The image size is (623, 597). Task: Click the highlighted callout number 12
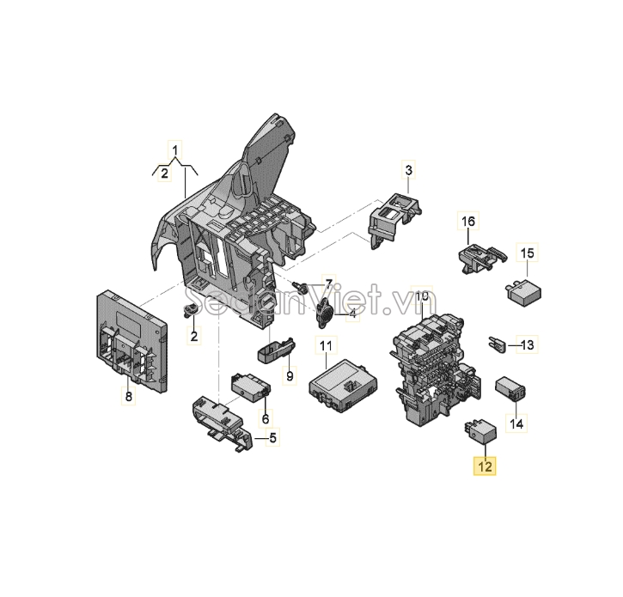tap(485, 466)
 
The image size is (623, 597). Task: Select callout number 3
tap(408, 170)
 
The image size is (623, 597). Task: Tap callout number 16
tap(468, 221)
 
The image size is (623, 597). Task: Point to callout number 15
tap(528, 253)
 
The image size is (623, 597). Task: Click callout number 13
tap(528, 344)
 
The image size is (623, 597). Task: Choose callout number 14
tap(516, 423)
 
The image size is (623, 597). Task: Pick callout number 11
tap(326, 345)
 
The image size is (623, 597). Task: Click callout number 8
tap(128, 396)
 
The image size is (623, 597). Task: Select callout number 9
tap(290, 375)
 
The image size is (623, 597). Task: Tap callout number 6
tap(266, 418)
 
